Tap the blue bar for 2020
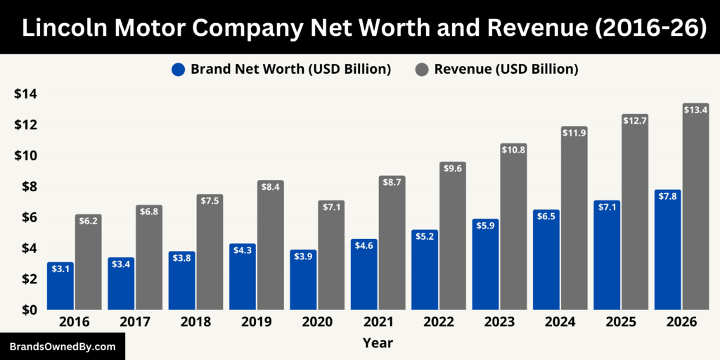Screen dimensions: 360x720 tap(303, 281)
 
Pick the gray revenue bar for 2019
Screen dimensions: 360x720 tap(269, 246)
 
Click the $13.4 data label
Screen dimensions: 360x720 tap(695, 109)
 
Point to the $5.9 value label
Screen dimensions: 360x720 tap(485, 225)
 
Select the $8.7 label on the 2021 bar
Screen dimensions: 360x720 tap(392, 181)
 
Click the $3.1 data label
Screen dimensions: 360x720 tap(60, 268)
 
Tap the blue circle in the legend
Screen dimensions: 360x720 tap(178, 70)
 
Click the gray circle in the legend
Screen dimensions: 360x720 tap(422, 70)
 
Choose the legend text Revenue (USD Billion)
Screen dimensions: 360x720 tap(506, 70)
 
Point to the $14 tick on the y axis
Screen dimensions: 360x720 tap(25, 94)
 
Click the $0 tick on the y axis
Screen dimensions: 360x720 tap(29, 310)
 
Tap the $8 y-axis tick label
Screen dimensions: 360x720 tap(29, 186)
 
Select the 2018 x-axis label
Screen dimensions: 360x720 tap(195, 322)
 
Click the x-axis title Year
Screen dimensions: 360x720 tap(378, 343)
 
